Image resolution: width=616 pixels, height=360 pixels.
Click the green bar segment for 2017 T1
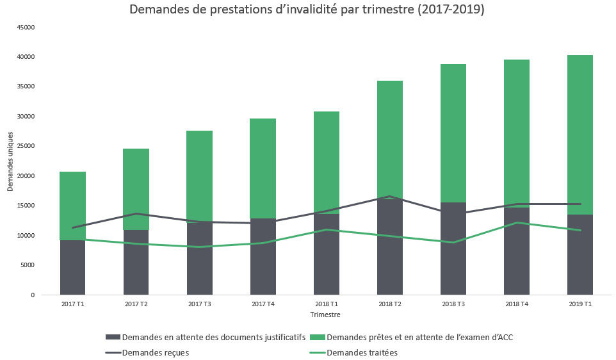tap(72, 199)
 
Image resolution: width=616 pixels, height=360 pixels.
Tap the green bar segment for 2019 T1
tap(580, 128)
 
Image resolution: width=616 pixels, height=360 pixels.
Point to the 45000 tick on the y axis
tap(25, 28)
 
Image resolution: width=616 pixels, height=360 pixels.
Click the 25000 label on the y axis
tap(25, 146)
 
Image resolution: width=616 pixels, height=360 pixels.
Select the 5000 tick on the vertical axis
tap(27, 265)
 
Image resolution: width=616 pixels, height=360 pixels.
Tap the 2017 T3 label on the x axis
tap(199, 304)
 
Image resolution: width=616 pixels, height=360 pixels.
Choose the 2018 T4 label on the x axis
tap(516, 304)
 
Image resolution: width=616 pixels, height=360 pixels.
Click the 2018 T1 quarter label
tap(326, 304)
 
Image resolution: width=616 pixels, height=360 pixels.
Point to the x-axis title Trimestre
tap(325, 315)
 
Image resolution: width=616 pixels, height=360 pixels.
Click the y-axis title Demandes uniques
tap(11, 161)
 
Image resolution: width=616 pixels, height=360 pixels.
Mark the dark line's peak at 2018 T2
tap(389, 197)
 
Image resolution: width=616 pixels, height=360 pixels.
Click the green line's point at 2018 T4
tap(516, 223)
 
